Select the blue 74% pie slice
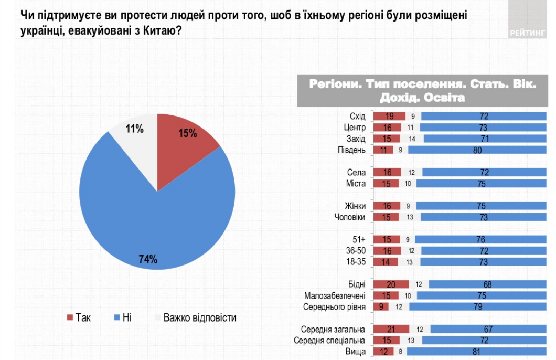[x=152, y=220]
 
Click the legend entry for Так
[x=79, y=317]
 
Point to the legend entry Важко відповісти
[x=194, y=317]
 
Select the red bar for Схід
[x=389, y=117]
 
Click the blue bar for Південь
[x=476, y=150]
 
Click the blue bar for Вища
[x=477, y=352]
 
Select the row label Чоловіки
[x=350, y=217]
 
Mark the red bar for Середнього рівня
[x=380, y=306]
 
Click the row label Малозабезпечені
[x=338, y=295]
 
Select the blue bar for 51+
[x=481, y=239]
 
